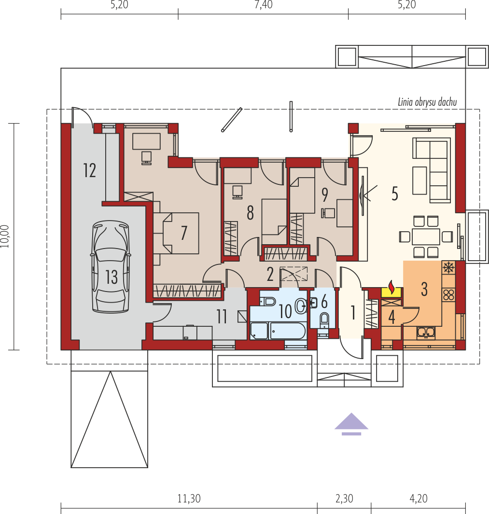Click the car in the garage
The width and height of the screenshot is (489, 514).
[111, 266]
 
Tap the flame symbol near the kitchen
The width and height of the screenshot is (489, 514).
[391, 287]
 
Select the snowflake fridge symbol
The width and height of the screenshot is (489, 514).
[448, 267]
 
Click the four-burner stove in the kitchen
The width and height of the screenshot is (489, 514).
[448, 294]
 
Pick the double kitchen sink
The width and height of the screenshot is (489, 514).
[426, 333]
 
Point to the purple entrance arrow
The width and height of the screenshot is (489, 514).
[351, 424]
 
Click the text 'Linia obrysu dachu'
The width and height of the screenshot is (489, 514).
[427, 102]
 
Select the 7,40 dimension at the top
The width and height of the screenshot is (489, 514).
[264, 5]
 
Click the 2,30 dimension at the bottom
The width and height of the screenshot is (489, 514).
[344, 498]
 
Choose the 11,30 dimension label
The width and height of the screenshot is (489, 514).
[189, 498]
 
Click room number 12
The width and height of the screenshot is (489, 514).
[89, 170]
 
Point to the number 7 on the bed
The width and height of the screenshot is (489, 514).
[184, 233]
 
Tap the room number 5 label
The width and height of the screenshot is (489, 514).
[395, 194]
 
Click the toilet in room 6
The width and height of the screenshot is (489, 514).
[324, 320]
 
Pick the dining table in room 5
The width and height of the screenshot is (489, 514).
[426, 236]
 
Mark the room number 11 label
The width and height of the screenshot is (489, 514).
[222, 317]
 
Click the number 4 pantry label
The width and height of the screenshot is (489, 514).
[391, 317]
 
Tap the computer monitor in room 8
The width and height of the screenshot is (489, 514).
[237, 192]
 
